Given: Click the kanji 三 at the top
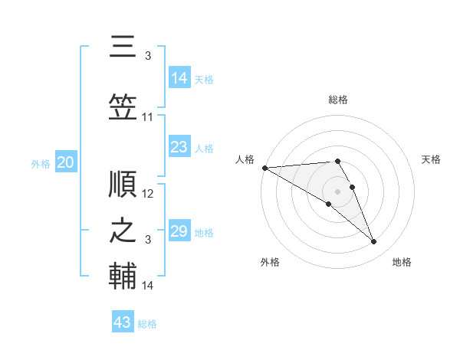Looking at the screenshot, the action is click(x=123, y=46).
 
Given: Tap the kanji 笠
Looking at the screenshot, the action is click(x=123, y=107).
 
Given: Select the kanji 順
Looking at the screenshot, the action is click(x=123, y=184).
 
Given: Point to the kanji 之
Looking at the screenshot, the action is click(x=123, y=231).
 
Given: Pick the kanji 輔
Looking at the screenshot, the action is click(x=123, y=276).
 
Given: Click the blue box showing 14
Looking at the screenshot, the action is click(x=179, y=77).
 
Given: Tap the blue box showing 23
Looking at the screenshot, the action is click(x=179, y=146).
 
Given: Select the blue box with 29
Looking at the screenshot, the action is click(x=179, y=230).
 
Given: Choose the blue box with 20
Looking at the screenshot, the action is click(x=66, y=162).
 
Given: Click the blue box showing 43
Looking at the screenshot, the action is click(x=123, y=321).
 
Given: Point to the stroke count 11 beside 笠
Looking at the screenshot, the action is click(x=147, y=117).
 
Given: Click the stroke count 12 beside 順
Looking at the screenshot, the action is click(x=147, y=194).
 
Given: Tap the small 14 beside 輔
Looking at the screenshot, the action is click(x=147, y=286).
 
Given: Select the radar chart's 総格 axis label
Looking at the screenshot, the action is click(x=338, y=100).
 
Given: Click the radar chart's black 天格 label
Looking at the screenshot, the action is click(x=431, y=159).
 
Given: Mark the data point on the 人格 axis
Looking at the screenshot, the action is click(x=265, y=168).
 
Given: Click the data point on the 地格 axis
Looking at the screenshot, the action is click(x=374, y=241).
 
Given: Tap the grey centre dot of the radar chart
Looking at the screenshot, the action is click(x=337, y=191).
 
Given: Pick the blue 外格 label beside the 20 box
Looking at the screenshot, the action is click(x=41, y=164).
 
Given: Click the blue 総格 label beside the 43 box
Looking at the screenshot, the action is click(x=147, y=324).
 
